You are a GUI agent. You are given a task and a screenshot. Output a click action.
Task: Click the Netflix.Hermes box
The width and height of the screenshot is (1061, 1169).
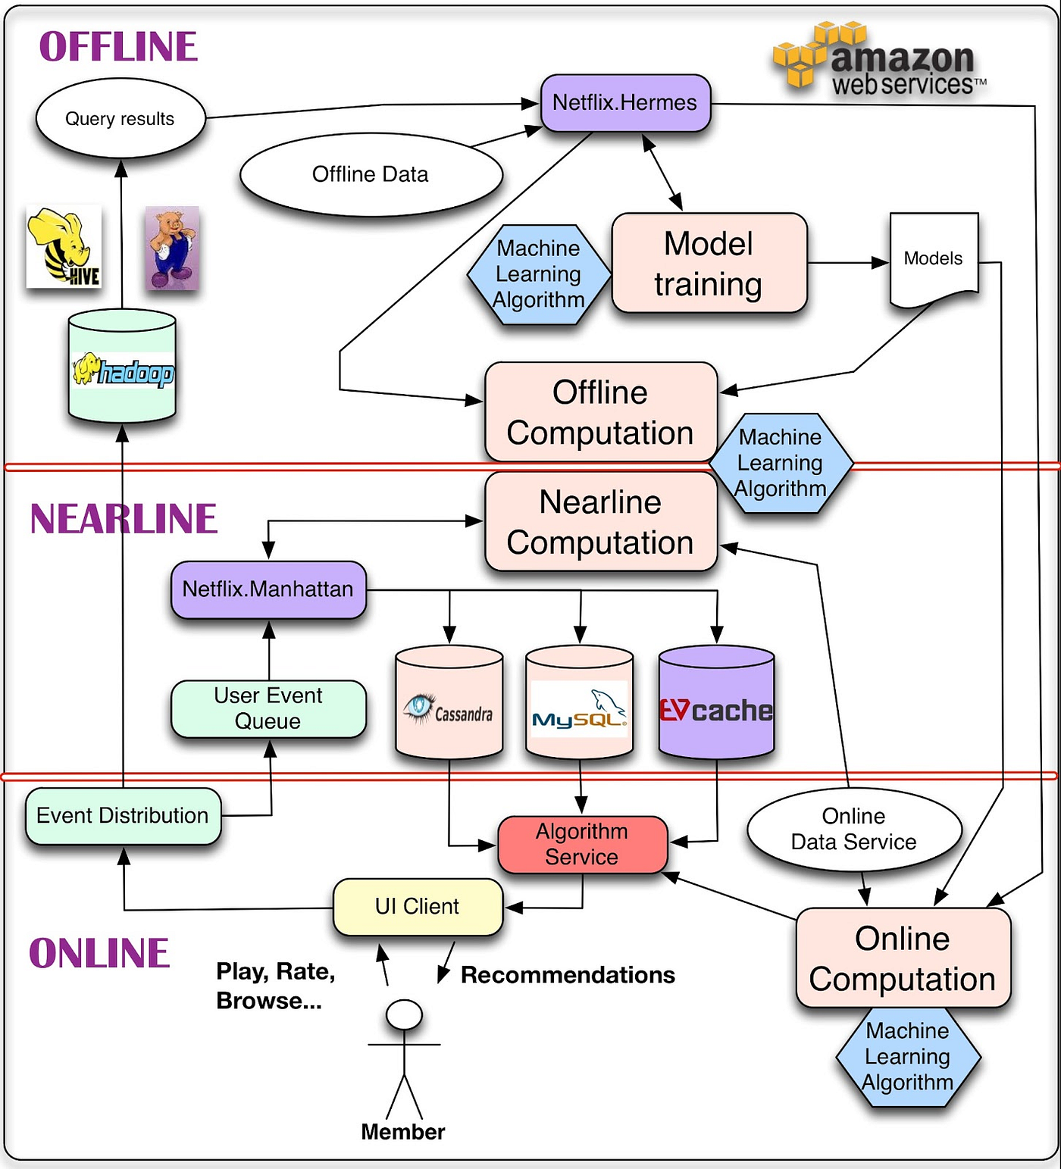coord(625,103)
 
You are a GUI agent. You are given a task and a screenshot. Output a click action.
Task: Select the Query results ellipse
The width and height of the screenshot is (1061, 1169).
coord(120,119)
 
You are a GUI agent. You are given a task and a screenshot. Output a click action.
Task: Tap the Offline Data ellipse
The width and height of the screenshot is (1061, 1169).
coord(371,175)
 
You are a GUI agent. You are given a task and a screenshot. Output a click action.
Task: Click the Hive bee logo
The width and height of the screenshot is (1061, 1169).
coord(64,247)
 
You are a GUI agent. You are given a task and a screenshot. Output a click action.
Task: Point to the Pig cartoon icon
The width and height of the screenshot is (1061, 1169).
coord(172,248)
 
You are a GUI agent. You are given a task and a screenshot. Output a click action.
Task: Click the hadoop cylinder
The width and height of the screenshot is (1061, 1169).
coord(122,367)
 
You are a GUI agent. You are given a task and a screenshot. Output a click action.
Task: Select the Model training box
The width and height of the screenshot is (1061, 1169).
coord(709,264)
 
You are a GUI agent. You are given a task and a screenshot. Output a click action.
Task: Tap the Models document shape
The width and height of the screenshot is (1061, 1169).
coord(933,259)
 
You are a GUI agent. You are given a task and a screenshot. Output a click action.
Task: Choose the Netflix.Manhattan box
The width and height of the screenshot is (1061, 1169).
coord(268,589)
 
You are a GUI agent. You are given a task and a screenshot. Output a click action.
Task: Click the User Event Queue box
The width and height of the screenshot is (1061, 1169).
coord(268,708)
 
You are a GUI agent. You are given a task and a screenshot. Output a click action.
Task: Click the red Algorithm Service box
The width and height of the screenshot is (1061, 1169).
coord(582,844)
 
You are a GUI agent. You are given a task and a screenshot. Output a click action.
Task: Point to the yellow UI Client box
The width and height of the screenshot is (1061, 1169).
coord(418,907)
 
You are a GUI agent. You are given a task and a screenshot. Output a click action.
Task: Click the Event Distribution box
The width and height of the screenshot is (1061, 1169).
coord(123,816)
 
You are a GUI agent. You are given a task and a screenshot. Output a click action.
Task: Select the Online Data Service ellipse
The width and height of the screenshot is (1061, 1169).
coord(854,830)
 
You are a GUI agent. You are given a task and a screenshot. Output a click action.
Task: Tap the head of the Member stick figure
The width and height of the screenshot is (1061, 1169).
coord(404,1014)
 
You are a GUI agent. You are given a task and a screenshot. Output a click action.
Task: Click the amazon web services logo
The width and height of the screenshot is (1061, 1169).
coord(879,61)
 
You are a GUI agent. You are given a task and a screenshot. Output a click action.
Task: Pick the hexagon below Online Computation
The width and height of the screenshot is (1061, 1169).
coord(908,1057)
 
